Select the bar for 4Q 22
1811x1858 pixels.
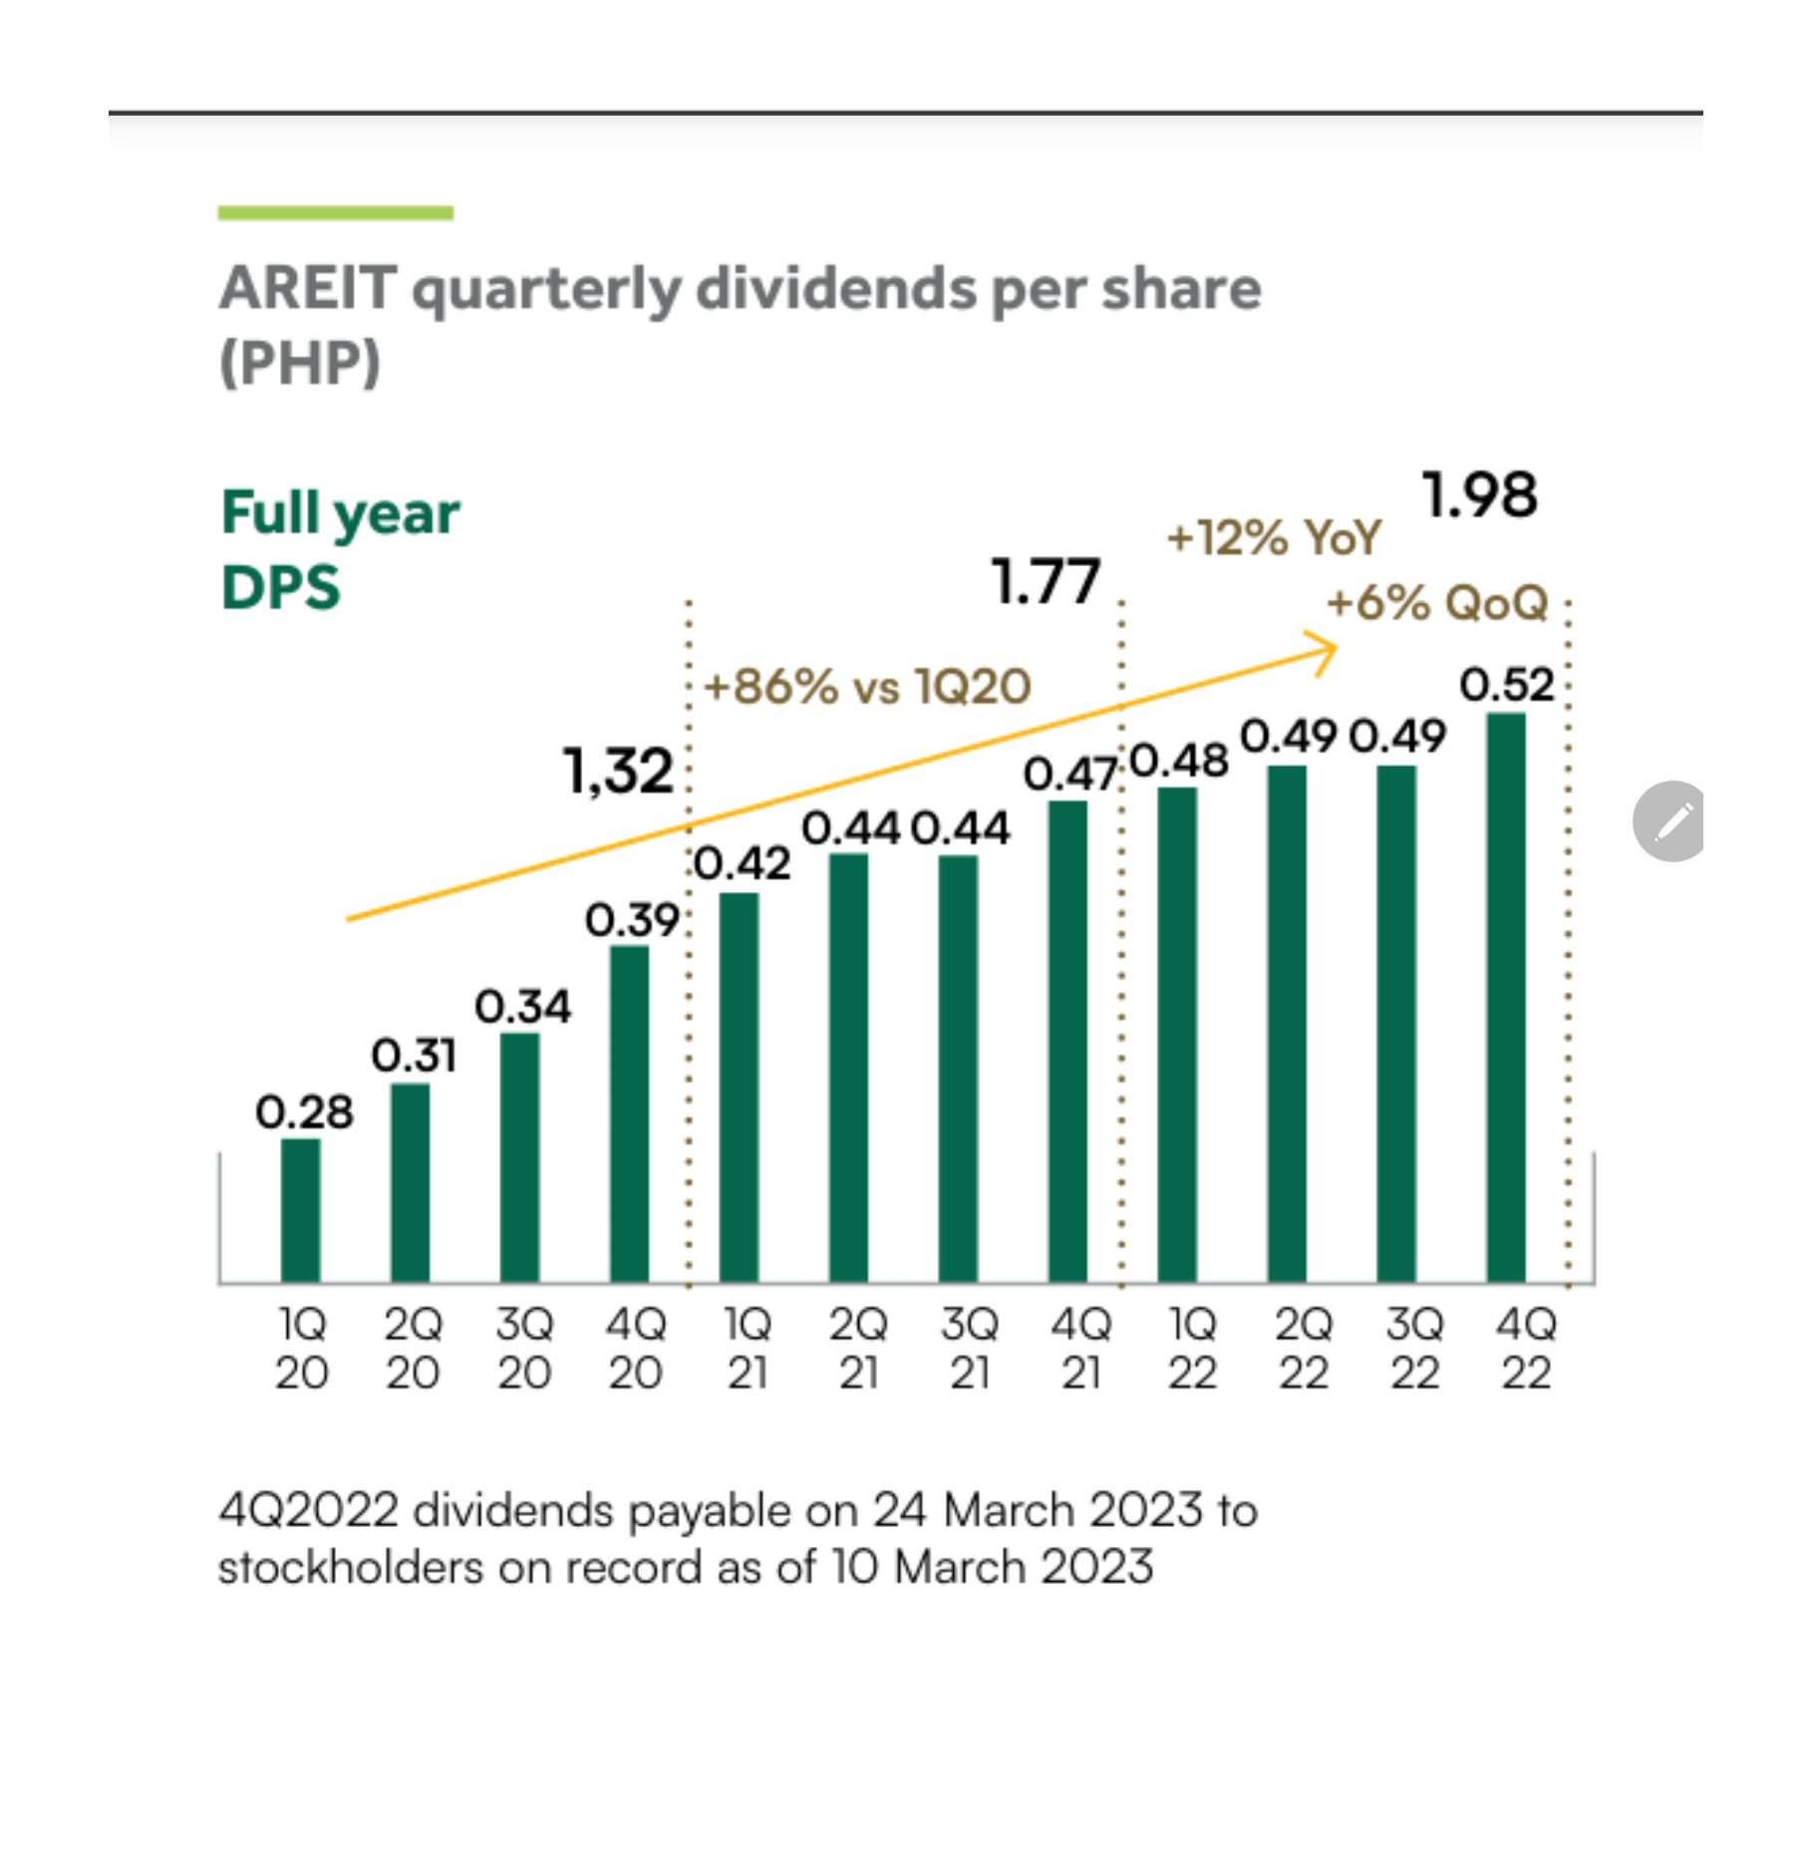1505,997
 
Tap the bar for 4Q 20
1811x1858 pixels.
629,1112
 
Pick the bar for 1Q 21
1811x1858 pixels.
739,1086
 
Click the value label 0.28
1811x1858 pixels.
304,1112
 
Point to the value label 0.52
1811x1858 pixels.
1506,686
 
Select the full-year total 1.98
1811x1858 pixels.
1480,495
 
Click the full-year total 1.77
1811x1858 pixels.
1047,582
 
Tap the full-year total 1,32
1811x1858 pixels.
619,772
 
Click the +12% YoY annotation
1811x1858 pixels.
1274,538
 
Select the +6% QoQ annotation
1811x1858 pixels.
1437,603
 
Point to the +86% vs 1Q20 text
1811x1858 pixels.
867,687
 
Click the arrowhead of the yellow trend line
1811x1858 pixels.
1328,651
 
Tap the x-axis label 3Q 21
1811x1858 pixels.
969,1349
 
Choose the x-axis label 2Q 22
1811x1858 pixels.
1303,1349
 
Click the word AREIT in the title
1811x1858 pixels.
308,289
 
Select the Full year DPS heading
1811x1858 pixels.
340,549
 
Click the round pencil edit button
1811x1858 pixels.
1669,821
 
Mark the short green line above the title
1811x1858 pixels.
336,212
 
